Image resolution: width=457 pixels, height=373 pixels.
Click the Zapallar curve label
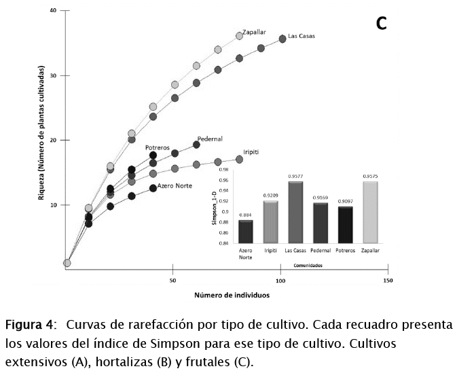click(254, 31)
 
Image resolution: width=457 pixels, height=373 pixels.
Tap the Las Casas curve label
click(301, 36)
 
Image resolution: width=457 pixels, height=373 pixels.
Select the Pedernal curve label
click(210, 139)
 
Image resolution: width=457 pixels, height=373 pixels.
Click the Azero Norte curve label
click(175, 185)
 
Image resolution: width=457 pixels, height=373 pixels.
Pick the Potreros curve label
click(158, 147)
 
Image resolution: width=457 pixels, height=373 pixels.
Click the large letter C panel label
click(381, 24)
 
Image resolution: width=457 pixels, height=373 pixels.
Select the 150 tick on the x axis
click(388, 280)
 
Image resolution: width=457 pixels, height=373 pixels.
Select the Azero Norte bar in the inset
click(246, 231)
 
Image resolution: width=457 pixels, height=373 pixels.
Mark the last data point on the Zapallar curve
click(239, 36)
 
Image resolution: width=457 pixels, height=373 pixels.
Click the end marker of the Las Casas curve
click(282, 39)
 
